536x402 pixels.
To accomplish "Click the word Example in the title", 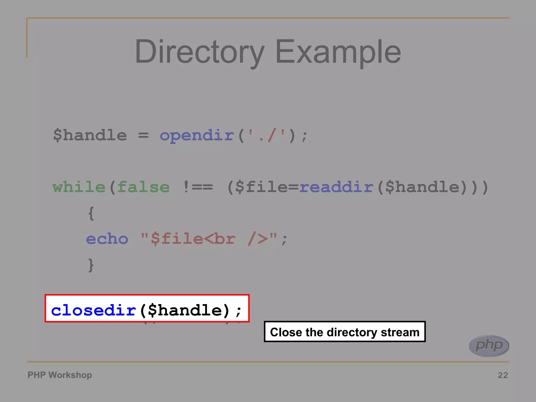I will click(338, 52).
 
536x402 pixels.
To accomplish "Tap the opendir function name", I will click(197, 136).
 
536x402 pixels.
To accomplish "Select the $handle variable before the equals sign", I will click(90, 136).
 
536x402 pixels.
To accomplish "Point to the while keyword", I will click(79, 187).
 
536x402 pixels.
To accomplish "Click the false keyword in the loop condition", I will click(143, 187).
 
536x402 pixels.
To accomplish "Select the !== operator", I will click(198, 187).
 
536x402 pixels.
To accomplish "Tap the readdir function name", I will click(336, 187).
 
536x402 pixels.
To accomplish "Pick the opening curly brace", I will click(91, 213).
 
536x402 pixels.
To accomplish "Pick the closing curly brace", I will click(91, 265).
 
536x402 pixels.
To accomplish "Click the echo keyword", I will click(107, 239).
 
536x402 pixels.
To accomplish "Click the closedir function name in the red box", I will click(93, 310).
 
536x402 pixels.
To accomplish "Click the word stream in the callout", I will click(400, 332).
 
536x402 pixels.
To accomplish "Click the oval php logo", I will click(489, 346).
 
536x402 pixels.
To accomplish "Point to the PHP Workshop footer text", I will click(60, 375).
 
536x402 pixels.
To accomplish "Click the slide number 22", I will click(503, 375).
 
